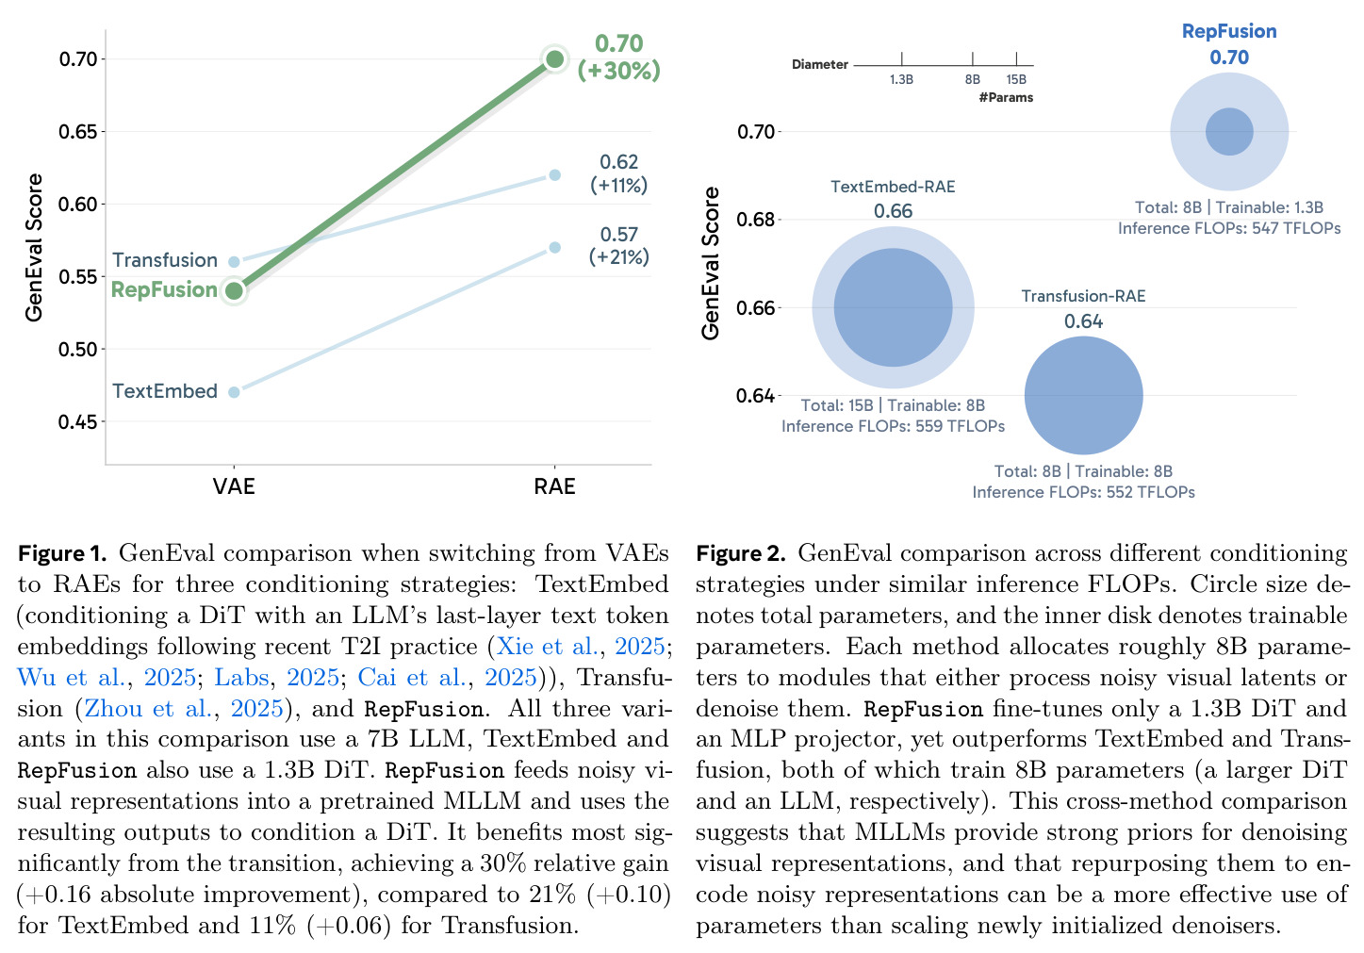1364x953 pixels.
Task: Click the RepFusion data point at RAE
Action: pyautogui.click(x=554, y=59)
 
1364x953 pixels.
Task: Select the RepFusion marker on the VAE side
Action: pyautogui.click(x=234, y=290)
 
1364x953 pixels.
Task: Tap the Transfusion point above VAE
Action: pyautogui.click(x=234, y=262)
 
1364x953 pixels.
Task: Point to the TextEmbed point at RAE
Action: pyautogui.click(x=554, y=247)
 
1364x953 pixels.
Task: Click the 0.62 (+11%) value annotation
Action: pyautogui.click(x=618, y=173)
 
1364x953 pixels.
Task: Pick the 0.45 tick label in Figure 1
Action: pyautogui.click(x=77, y=422)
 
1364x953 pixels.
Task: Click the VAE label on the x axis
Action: pyautogui.click(x=234, y=486)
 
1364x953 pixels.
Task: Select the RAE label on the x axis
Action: pyautogui.click(x=554, y=486)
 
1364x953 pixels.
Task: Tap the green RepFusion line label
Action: pyautogui.click(x=164, y=289)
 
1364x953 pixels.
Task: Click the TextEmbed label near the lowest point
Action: pyautogui.click(x=165, y=391)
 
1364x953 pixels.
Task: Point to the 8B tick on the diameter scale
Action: pyautogui.click(x=973, y=59)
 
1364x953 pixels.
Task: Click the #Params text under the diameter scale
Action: pyautogui.click(x=1006, y=97)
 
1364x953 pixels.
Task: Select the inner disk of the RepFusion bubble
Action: pyautogui.click(x=1229, y=132)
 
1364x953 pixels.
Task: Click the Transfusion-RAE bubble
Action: pyautogui.click(x=1083, y=396)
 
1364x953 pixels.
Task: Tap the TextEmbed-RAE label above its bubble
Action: pyautogui.click(x=893, y=187)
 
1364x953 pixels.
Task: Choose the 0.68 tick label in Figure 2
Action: pyautogui.click(x=755, y=220)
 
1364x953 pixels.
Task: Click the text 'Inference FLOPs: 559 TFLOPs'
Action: pyautogui.click(x=893, y=426)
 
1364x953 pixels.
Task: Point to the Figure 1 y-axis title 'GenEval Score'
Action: pyautogui.click(x=35, y=247)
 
